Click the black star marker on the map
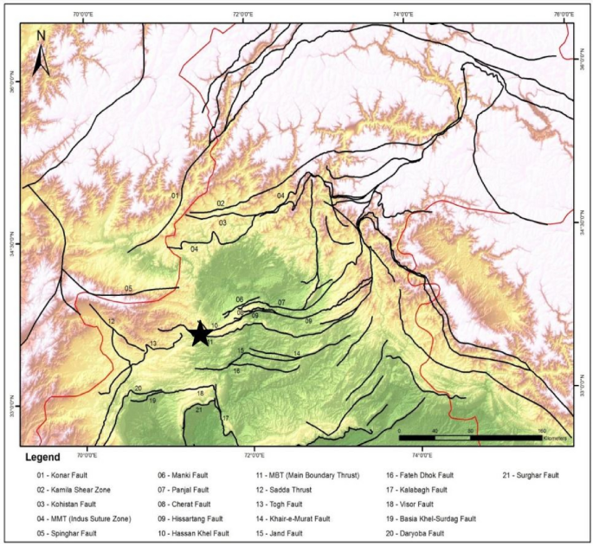point(199,333)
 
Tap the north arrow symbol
point(40,53)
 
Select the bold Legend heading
point(42,457)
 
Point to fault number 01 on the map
point(175,196)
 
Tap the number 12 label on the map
point(111,321)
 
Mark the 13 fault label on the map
point(152,344)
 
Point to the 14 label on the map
point(296,354)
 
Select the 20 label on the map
point(139,389)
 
